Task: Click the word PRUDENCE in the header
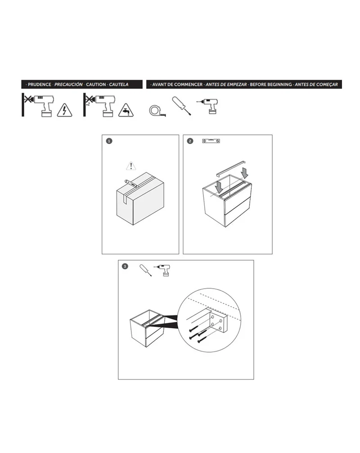[39, 84]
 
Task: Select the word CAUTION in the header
[96, 84]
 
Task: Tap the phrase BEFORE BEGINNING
[271, 84]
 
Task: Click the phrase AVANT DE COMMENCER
[177, 84]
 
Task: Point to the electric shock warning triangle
[65, 110]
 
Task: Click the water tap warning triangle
[126, 110]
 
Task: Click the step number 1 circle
[109, 141]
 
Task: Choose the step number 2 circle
[190, 141]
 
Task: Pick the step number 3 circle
[125, 266]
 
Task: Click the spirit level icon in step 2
[211, 141]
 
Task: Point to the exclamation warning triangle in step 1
[131, 166]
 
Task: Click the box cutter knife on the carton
[131, 183]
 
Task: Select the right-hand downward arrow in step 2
[244, 173]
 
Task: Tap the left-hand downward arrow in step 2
[219, 186]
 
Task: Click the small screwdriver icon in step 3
[146, 270]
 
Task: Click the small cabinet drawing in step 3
[147, 328]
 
